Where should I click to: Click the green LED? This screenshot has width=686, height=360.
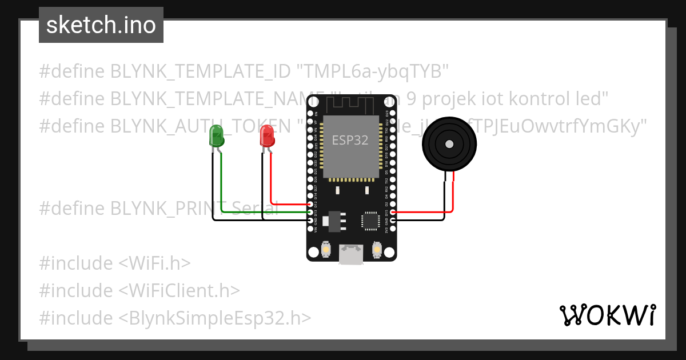click(217, 136)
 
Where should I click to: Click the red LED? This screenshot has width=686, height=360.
click(267, 136)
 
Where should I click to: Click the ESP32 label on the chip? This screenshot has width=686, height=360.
click(350, 140)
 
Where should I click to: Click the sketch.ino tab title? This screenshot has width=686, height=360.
click(101, 25)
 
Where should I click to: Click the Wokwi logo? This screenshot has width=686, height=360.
click(607, 315)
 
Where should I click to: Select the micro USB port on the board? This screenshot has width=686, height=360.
click(350, 254)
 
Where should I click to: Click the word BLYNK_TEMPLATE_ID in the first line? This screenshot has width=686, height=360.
click(200, 71)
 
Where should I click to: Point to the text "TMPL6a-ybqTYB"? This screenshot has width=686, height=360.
click(372, 71)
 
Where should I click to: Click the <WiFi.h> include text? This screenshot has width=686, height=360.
click(154, 263)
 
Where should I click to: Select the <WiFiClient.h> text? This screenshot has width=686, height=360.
click(179, 290)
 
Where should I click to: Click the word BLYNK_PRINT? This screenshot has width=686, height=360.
click(166, 209)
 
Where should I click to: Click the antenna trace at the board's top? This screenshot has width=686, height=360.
click(350, 105)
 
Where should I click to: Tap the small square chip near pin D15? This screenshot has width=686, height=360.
click(370, 220)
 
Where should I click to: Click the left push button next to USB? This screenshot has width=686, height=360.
click(325, 250)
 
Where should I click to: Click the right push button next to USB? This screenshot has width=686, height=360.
click(376, 250)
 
